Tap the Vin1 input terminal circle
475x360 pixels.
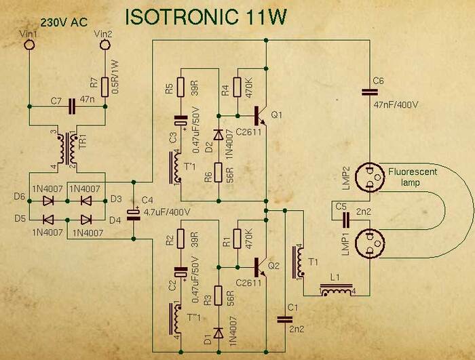point(29,45)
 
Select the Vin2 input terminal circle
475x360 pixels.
point(105,45)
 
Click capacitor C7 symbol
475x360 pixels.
point(72,106)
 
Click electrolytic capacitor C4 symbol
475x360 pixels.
point(135,211)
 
